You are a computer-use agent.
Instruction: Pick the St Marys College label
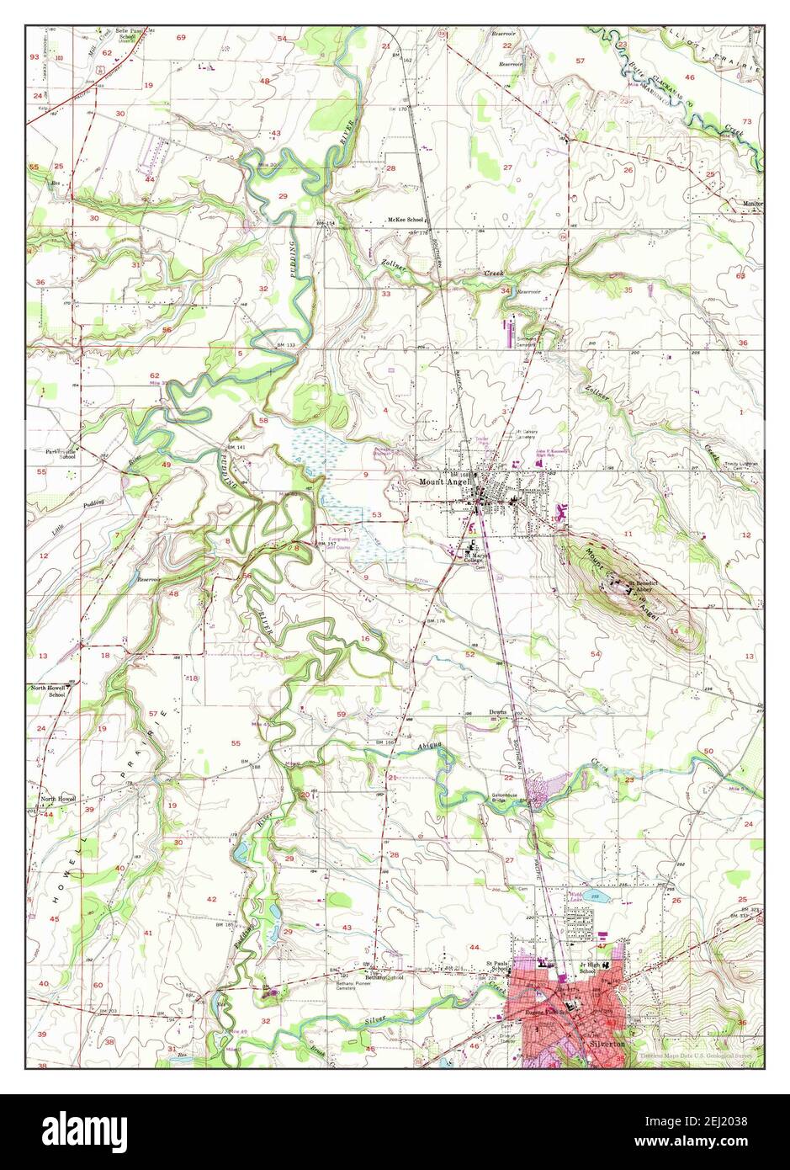pos(476,557)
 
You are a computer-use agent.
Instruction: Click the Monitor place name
pos(753,203)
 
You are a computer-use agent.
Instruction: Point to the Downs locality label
pos(498,712)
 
